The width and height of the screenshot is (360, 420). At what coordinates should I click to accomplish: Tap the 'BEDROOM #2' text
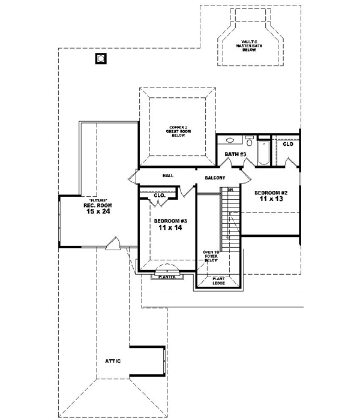coord(271,193)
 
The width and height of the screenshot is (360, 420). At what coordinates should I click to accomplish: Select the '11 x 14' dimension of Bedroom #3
coord(170,228)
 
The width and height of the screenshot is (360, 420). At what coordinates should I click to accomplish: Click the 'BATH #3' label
coord(235,155)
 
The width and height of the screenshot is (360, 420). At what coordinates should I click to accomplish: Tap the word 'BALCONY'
coord(215,178)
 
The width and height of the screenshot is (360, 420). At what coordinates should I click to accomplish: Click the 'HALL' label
coord(168,176)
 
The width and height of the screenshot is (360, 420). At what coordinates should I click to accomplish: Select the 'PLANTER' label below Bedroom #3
coord(163,277)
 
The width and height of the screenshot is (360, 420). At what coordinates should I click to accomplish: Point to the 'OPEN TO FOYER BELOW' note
coord(211,256)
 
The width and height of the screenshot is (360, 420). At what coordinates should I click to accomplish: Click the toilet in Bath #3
coord(249,142)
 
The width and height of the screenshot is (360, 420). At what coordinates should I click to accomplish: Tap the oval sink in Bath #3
coord(229,141)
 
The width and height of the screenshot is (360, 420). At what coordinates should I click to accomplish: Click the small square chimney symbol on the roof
coord(100,59)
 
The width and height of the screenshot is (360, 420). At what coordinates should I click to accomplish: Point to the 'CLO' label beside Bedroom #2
coord(288,144)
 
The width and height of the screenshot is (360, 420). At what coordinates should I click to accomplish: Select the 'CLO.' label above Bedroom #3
coord(160,196)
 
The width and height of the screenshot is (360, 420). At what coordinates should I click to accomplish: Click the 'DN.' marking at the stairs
coord(230,190)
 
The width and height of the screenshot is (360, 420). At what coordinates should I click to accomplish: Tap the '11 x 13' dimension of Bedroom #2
coord(271,200)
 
